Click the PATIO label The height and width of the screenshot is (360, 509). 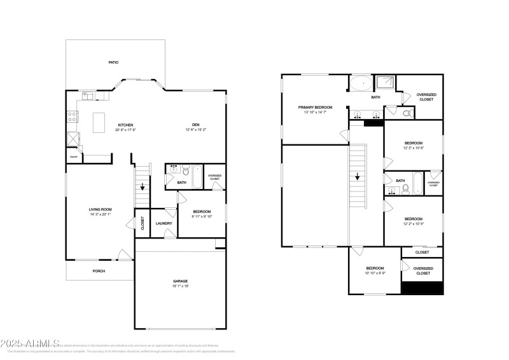pyautogui.click(x=113, y=62)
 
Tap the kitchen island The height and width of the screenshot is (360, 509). pyautogui.click(x=99, y=123)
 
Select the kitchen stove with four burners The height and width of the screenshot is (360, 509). pyautogui.click(x=73, y=116)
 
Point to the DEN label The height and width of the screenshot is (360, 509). pyautogui.click(x=197, y=125)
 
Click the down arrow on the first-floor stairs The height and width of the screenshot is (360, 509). pyautogui.click(x=143, y=187)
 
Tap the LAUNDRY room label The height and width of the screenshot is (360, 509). pyautogui.click(x=164, y=223)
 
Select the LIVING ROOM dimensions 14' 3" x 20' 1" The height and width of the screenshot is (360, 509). pyautogui.click(x=100, y=214)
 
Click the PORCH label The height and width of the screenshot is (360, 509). pyautogui.click(x=99, y=271)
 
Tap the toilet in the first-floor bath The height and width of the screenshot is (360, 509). pyautogui.click(x=185, y=171)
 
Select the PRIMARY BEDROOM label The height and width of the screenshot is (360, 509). pyautogui.click(x=316, y=107)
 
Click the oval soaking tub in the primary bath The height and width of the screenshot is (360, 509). pyautogui.click(x=361, y=83)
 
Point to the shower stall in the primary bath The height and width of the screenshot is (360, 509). pyautogui.click(x=384, y=83)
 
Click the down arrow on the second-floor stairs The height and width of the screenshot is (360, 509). pyautogui.click(x=358, y=177)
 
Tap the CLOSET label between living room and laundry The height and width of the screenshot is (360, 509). pyautogui.click(x=143, y=223)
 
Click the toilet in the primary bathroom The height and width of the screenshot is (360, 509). pyautogui.click(x=408, y=114)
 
